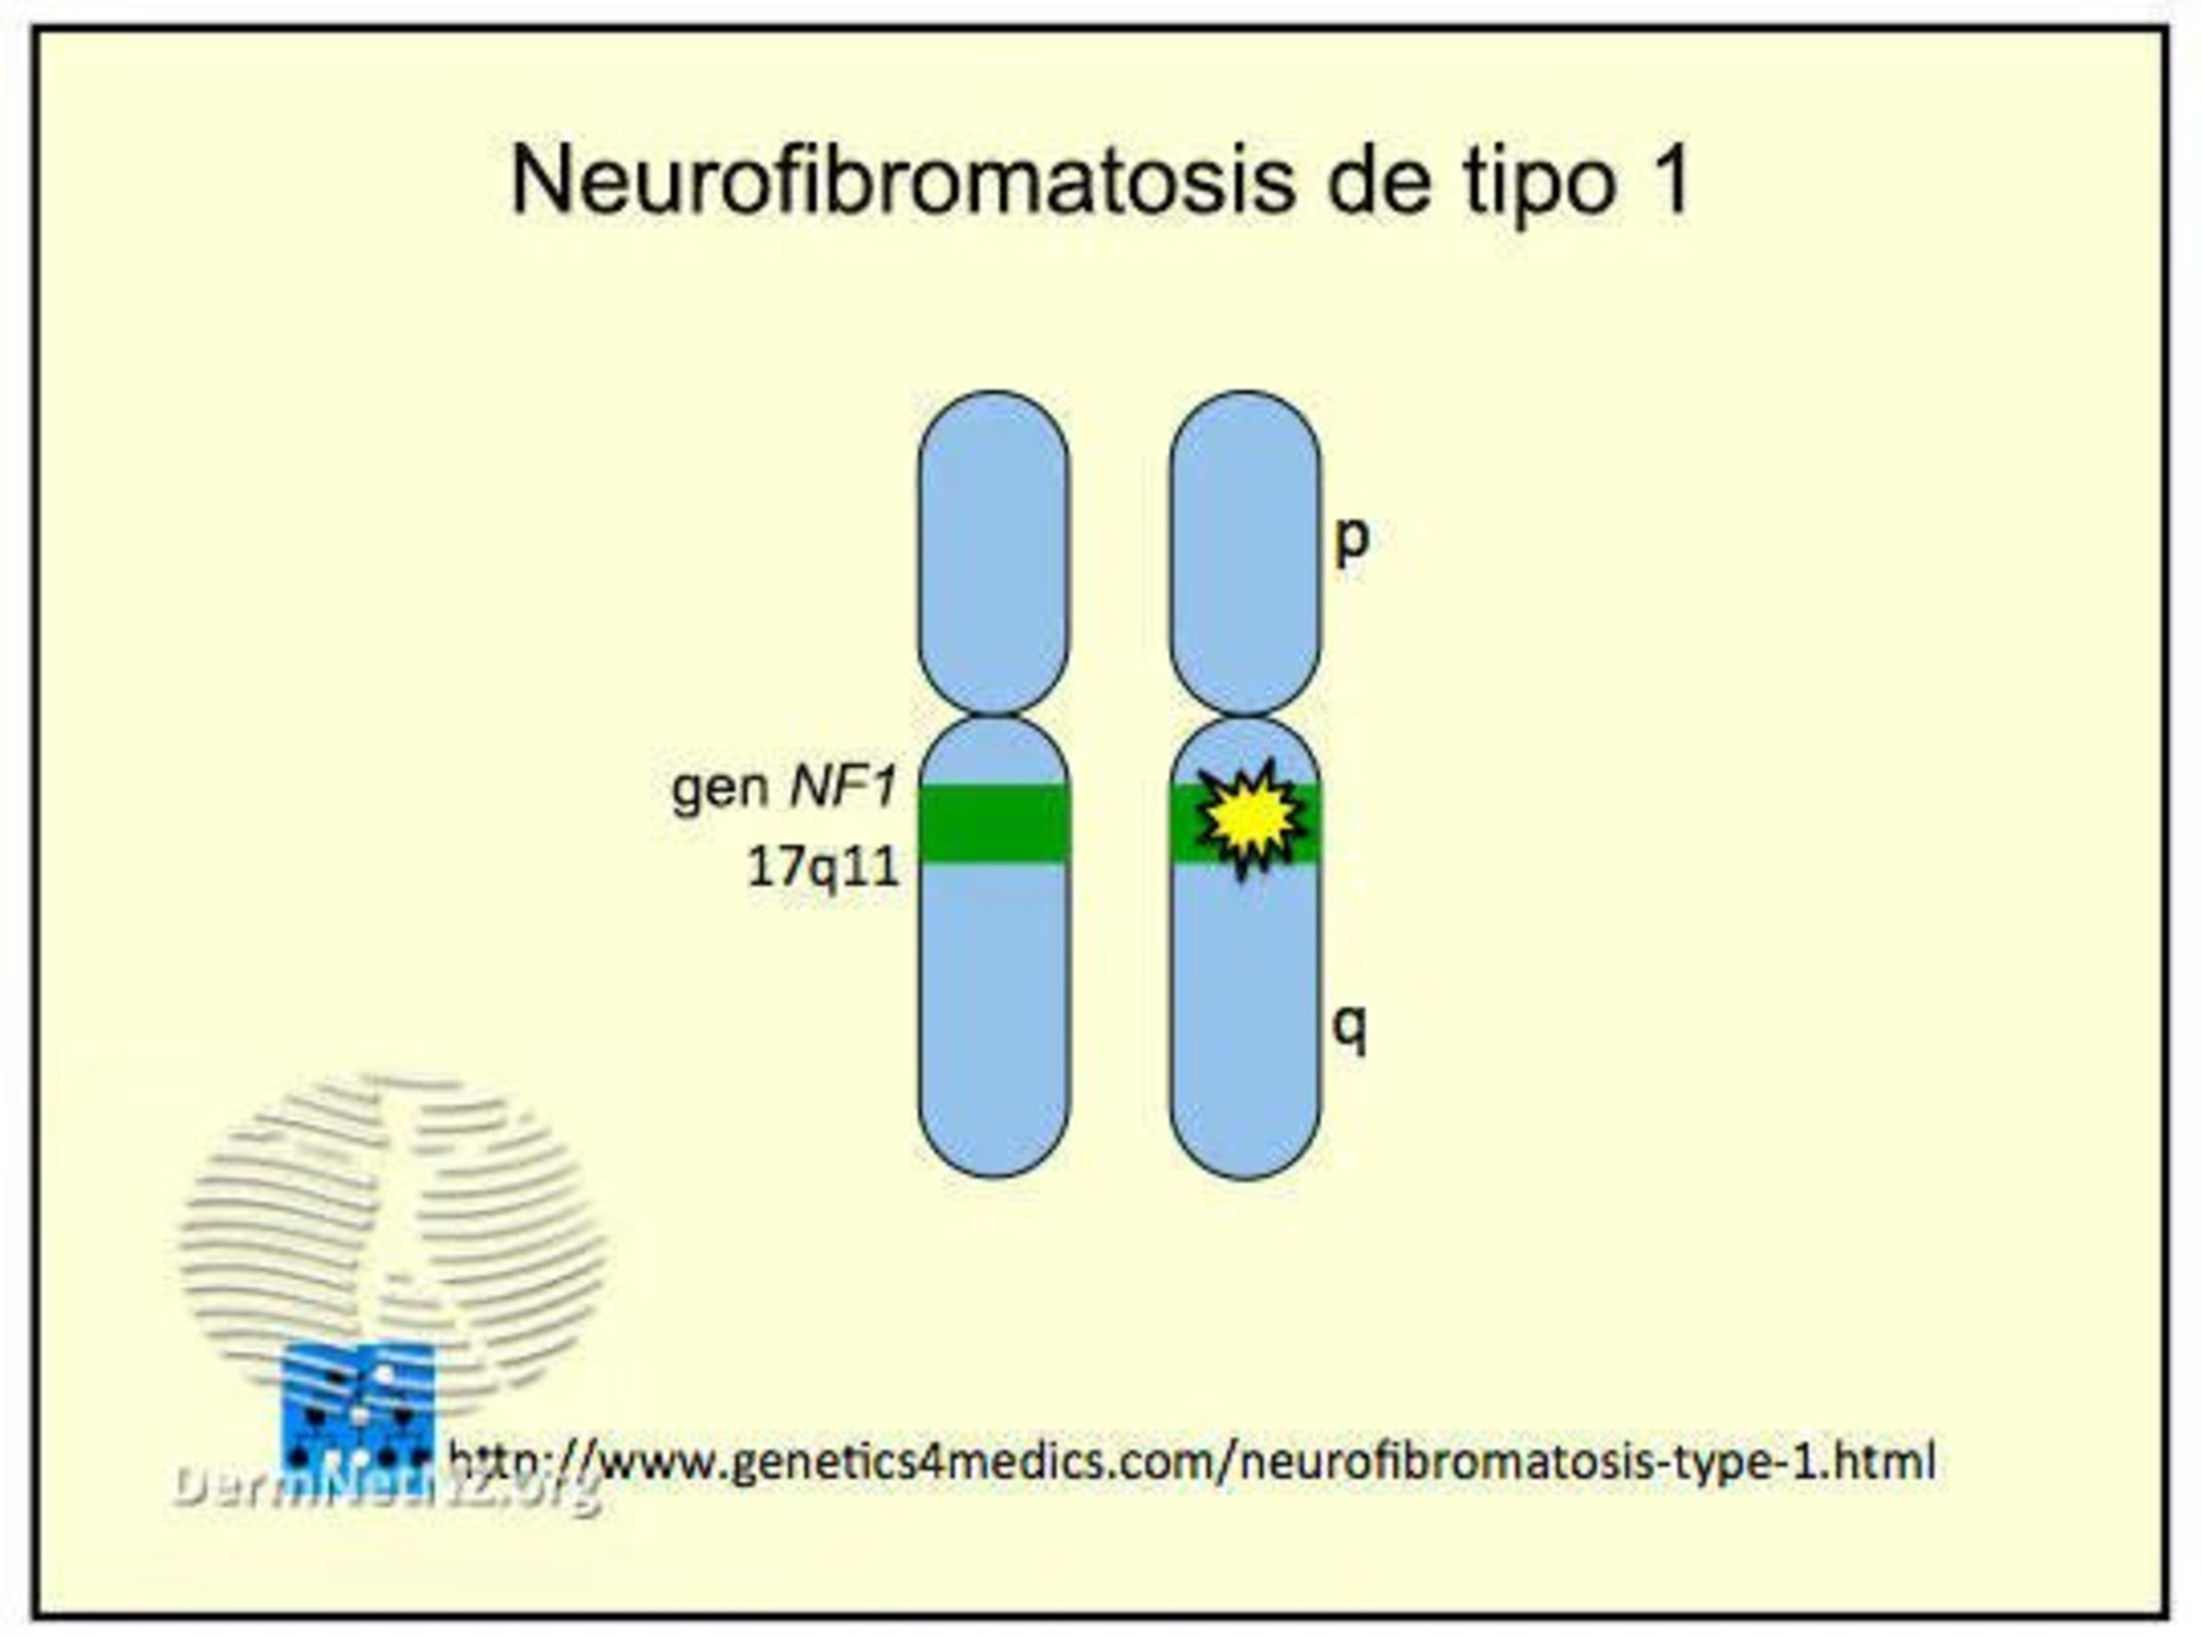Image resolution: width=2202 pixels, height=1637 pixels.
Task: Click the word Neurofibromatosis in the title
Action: (x=902, y=180)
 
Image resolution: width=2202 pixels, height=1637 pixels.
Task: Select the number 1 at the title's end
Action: (x=1672, y=180)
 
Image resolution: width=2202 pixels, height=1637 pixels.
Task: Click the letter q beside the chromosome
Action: (x=1349, y=1027)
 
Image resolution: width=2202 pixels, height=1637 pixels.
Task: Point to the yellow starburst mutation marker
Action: (x=1250, y=818)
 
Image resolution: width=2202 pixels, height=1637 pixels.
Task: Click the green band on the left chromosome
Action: (x=994, y=822)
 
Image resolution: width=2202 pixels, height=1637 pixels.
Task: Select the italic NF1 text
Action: (x=844, y=788)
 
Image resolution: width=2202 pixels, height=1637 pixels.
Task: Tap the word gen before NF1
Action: (x=721, y=791)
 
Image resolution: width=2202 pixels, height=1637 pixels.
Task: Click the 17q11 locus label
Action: (x=823, y=867)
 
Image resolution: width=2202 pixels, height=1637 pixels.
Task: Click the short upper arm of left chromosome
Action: (x=994, y=550)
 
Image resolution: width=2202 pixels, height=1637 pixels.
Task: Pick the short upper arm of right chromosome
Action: (x=1245, y=550)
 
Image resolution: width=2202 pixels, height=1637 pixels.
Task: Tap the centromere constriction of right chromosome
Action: (x=1245, y=715)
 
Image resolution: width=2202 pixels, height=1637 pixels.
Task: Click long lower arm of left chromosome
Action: (x=994, y=1021)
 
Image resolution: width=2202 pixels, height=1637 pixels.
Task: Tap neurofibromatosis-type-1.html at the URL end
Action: (x=1586, y=1462)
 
